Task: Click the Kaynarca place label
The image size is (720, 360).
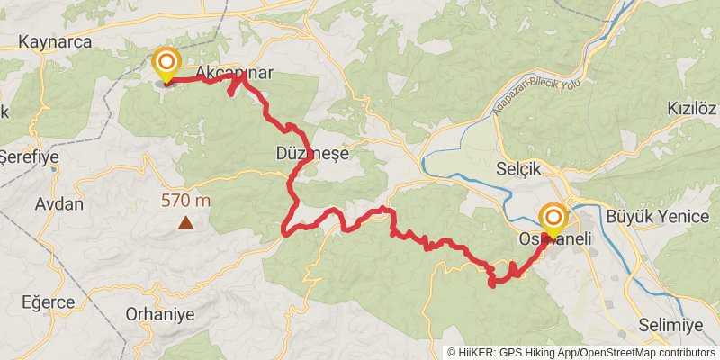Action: point(51,41)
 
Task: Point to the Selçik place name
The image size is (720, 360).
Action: point(520,168)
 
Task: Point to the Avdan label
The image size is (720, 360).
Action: point(58,203)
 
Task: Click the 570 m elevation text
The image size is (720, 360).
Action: point(186,201)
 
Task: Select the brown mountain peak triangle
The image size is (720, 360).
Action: point(185,222)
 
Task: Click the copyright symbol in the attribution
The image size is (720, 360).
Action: point(453,352)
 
